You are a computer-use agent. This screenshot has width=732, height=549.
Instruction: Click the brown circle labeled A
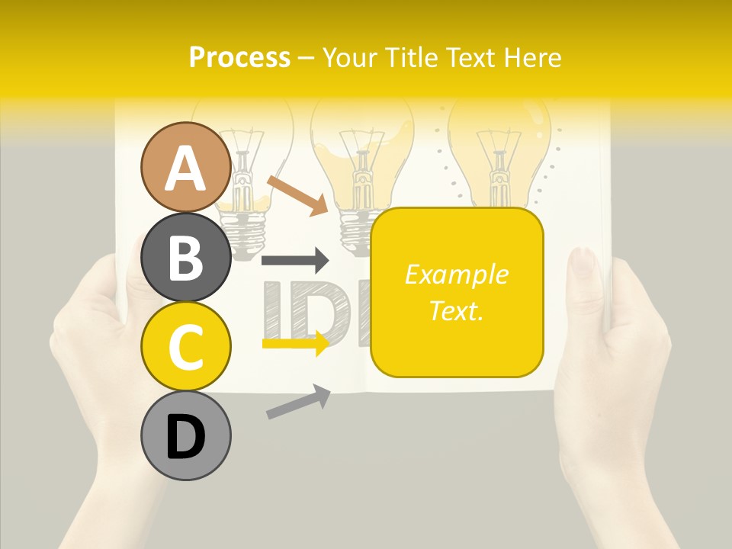click(186, 167)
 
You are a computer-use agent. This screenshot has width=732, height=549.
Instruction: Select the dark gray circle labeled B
click(186, 257)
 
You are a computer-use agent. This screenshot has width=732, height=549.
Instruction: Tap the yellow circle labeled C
click(186, 346)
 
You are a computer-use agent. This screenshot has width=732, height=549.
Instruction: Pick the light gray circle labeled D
click(186, 436)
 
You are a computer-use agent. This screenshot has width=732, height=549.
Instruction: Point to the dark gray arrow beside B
click(294, 261)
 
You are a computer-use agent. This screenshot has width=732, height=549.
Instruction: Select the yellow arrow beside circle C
click(295, 344)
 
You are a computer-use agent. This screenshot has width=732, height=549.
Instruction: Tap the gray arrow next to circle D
click(298, 402)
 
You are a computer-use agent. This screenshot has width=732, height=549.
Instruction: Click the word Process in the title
click(239, 57)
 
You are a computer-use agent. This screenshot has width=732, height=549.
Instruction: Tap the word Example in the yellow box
click(456, 274)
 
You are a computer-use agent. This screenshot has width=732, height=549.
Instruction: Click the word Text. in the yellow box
click(456, 310)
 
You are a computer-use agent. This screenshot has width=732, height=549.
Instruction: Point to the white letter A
click(186, 169)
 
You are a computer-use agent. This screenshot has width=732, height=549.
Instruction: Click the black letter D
click(186, 438)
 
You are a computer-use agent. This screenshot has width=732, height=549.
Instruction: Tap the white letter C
click(186, 347)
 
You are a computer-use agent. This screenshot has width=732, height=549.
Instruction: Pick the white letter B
click(186, 258)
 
